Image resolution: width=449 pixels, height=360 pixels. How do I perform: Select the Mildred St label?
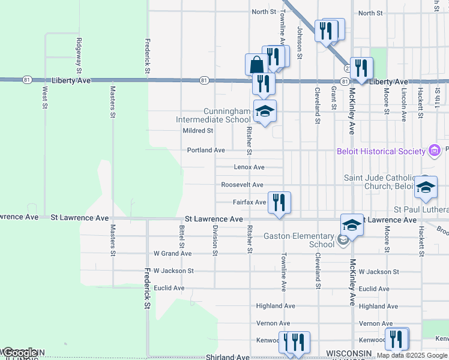pos(198,130)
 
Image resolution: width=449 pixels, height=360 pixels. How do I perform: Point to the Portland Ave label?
pos(206,150)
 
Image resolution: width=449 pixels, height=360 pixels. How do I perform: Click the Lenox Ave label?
pos(249,167)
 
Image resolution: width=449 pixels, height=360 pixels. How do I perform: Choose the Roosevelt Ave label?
pos(242,185)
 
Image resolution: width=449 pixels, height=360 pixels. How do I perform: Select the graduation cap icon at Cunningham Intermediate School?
pos(265,111)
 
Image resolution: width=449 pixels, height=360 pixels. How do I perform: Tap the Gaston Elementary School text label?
pos(298,240)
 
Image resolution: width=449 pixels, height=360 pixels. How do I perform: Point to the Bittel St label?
pos(181,237)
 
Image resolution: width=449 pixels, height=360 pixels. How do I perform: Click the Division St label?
pos(214,240)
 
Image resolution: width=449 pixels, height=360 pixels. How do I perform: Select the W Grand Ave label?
pos(172,254)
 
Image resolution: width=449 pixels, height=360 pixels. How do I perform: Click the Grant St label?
pos(333,98)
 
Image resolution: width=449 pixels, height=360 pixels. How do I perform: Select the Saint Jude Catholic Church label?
pos(378,182)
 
